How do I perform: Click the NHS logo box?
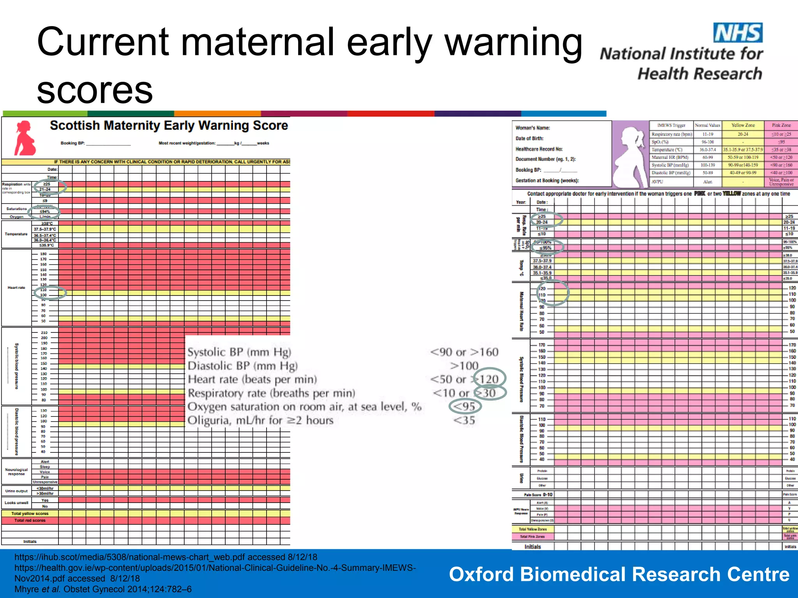coord(738,33)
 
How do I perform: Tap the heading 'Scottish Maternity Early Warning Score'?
coord(169,126)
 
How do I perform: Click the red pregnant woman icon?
coord(25,138)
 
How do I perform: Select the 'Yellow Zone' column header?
coord(743,125)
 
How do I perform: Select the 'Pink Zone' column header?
coord(781,125)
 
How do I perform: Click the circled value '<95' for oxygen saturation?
coord(464,406)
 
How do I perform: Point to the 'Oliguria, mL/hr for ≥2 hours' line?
coord(260,420)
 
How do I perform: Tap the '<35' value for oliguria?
coord(464,420)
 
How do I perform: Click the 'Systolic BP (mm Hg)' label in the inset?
coord(239,352)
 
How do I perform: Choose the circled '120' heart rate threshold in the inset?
coord(489,379)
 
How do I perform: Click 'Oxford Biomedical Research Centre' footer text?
coord(619,574)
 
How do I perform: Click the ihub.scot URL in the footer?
coord(166,557)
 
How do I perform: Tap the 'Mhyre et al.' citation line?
coord(103,589)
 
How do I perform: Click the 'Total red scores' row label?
coord(30,521)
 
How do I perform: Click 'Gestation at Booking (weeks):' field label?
coord(547,181)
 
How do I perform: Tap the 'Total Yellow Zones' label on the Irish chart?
coord(533,529)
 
